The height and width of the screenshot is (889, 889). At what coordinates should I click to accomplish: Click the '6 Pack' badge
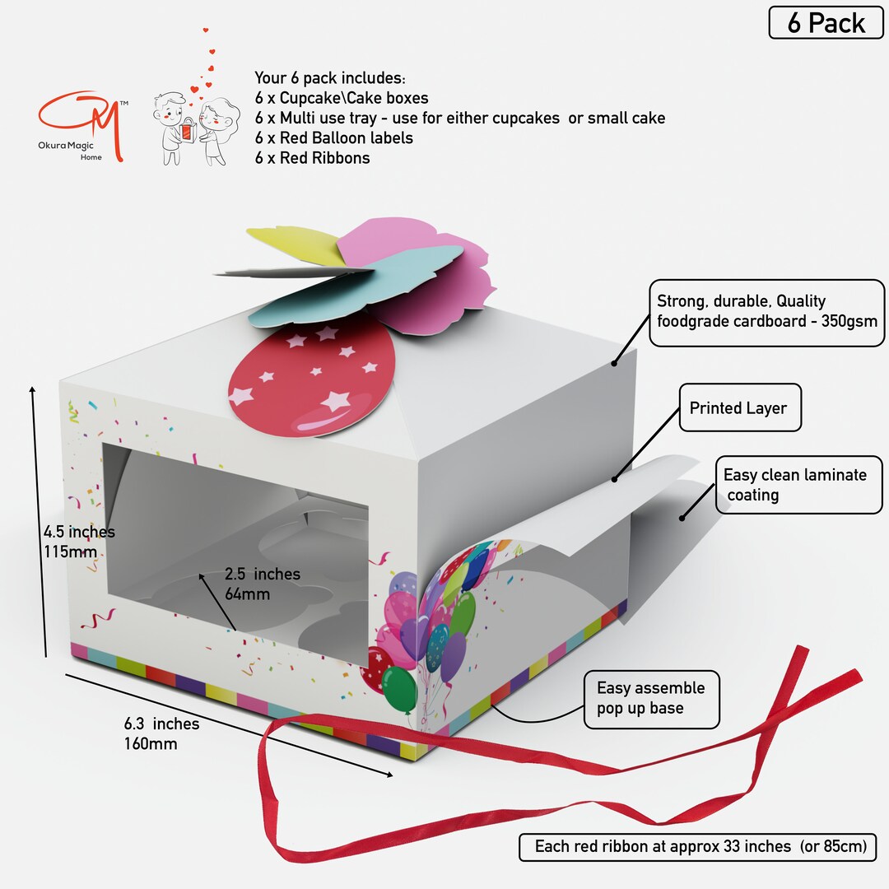[x=826, y=23]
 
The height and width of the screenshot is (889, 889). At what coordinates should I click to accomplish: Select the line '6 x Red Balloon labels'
[x=333, y=137]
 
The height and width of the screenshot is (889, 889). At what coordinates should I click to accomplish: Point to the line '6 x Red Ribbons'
[x=312, y=157]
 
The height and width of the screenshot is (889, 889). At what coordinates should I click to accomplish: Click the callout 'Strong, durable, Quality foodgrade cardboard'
[x=766, y=313]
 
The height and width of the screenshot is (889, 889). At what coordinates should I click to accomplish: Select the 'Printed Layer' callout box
[x=740, y=407]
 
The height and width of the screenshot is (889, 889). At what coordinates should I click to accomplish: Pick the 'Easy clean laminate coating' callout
[x=798, y=485]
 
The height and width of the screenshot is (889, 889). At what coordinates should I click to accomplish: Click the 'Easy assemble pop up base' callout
[x=651, y=699]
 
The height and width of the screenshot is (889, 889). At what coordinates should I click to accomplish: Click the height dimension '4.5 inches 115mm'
[x=79, y=542]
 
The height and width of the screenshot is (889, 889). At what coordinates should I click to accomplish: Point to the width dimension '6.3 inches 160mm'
[x=161, y=733]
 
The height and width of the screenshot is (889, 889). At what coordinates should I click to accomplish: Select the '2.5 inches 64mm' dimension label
[x=262, y=584]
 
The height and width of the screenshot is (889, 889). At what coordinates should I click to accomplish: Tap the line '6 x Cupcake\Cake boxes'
[x=342, y=97]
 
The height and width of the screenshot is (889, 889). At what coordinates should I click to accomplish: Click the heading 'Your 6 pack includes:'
[x=329, y=77]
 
